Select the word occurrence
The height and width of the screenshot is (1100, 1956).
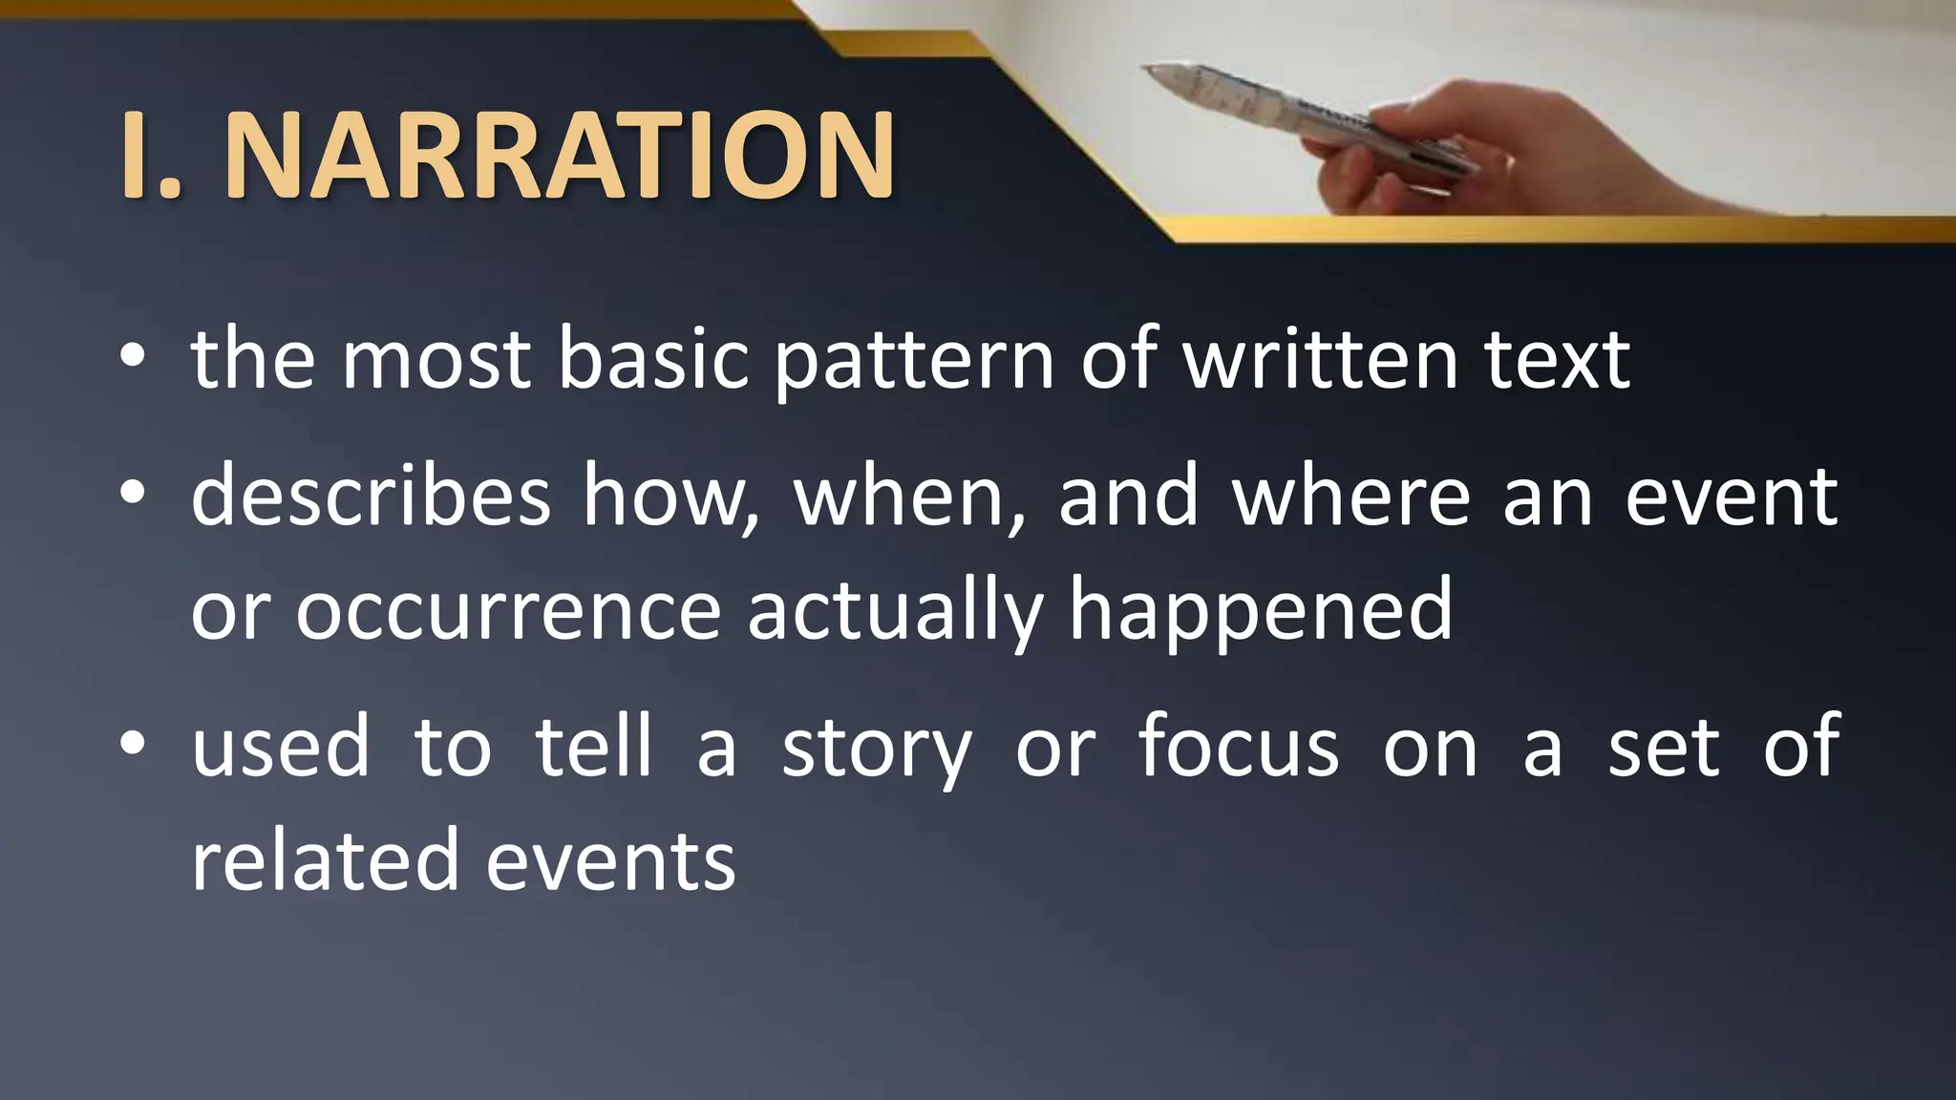point(507,611)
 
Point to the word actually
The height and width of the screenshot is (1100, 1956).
point(895,611)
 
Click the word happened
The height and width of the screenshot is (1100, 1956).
point(1261,611)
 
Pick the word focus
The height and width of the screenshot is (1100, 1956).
point(1239,747)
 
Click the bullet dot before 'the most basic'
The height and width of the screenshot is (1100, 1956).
point(133,356)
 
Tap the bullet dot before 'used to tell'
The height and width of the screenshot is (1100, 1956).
point(133,742)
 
